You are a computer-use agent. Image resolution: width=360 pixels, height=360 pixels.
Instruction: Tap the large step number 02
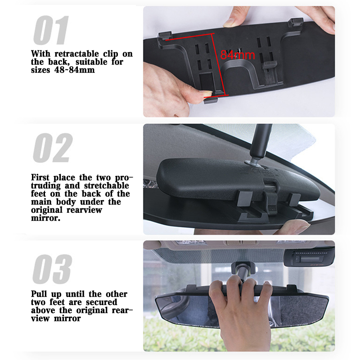coord(53,148)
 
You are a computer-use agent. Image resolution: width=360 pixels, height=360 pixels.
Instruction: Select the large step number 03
coord(52,269)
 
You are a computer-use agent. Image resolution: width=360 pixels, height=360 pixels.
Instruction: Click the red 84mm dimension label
coord(238,55)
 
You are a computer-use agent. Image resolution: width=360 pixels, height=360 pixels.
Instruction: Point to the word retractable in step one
coord(76,54)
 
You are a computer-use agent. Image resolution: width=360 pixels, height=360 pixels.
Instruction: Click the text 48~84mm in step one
coord(74,70)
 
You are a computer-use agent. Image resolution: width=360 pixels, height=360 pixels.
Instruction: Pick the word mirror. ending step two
coord(46,218)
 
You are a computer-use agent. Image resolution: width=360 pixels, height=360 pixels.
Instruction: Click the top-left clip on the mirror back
coord(165,36)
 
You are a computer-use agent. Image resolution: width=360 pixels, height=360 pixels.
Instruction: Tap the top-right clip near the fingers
coord(296,22)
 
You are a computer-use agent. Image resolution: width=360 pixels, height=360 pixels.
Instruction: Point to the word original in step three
coord(92,310)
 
